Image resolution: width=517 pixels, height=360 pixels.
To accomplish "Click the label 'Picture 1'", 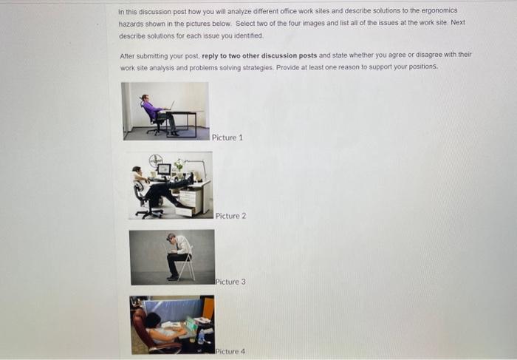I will click(x=227, y=137).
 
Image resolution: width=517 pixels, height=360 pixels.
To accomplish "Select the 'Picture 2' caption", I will click(x=230, y=216).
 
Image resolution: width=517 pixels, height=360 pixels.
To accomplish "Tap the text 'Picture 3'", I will click(x=230, y=282).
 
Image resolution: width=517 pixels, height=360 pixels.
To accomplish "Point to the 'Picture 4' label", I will click(x=230, y=350).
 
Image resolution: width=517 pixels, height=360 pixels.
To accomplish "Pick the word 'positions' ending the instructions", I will click(x=420, y=67).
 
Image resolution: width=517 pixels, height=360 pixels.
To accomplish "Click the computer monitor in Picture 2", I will click(x=163, y=169).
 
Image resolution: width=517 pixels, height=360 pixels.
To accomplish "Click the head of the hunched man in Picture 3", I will click(x=171, y=238).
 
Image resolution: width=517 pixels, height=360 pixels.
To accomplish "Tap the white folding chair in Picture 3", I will click(x=188, y=262).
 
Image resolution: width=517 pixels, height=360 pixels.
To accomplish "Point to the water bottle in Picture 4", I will click(x=201, y=336).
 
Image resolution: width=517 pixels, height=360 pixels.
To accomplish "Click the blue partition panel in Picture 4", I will click(x=170, y=309).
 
